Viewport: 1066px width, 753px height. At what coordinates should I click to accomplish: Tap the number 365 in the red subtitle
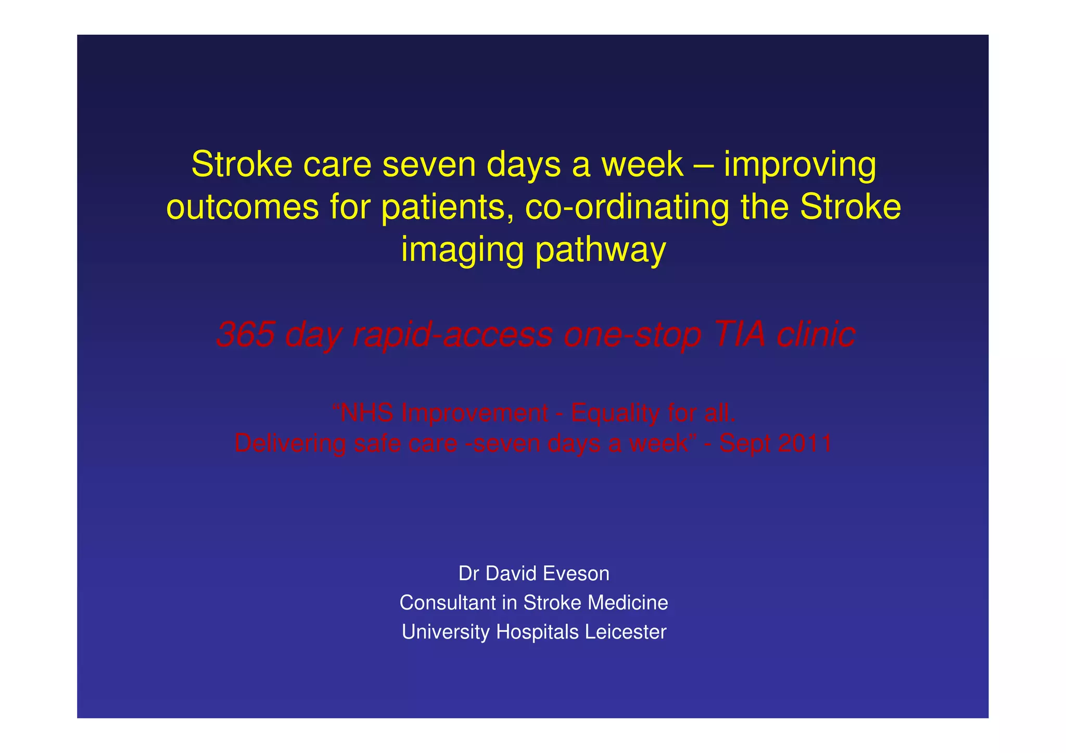245,334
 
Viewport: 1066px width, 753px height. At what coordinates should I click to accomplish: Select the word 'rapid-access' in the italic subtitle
452,335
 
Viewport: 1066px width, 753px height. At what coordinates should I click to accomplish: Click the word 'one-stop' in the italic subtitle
632,335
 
